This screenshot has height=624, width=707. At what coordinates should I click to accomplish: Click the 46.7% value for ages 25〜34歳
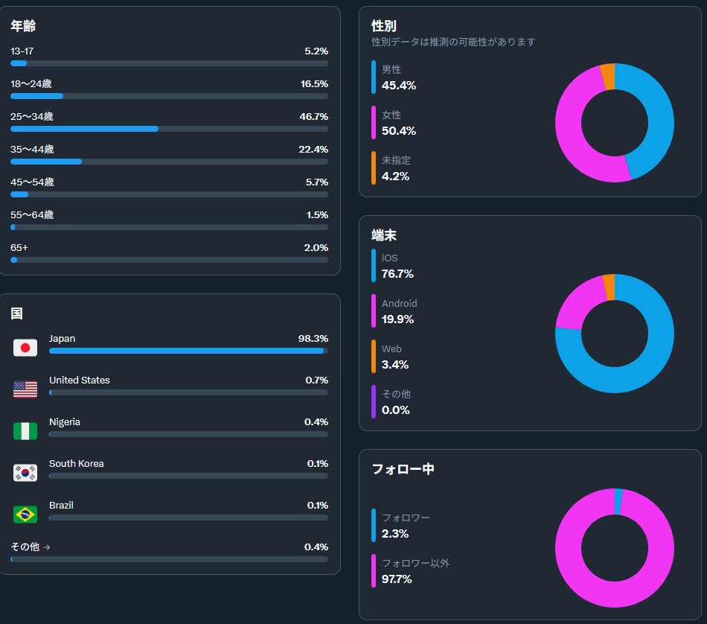[313, 117]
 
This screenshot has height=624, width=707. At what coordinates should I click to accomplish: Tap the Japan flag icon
[25, 348]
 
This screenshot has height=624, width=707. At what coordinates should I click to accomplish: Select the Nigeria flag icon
[25, 431]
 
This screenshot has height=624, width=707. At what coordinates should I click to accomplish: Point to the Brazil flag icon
[25, 515]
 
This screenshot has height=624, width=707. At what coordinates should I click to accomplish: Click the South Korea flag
[25, 473]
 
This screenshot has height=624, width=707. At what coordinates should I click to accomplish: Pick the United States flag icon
[25, 389]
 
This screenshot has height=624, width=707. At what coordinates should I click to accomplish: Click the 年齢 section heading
[23, 27]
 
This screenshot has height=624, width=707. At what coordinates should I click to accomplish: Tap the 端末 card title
[384, 235]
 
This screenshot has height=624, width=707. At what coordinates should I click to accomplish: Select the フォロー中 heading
[403, 469]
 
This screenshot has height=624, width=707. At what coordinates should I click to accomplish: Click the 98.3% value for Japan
[313, 339]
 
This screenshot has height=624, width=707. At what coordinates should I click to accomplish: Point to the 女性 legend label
[391, 115]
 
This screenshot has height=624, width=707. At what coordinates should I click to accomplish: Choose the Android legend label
[400, 304]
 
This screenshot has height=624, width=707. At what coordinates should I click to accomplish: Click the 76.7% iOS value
[397, 274]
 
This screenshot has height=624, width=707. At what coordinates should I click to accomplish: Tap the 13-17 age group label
[22, 51]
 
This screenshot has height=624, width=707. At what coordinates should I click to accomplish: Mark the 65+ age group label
[19, 248]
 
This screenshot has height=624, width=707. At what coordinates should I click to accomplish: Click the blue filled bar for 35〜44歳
[46, 162]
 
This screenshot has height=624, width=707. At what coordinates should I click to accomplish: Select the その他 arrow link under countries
[31, 547]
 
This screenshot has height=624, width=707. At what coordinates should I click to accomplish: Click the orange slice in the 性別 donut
[608, 77]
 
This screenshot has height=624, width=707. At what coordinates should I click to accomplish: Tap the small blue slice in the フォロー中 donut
[618, 501]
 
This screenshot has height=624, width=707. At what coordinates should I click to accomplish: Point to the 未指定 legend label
[396, 160]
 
